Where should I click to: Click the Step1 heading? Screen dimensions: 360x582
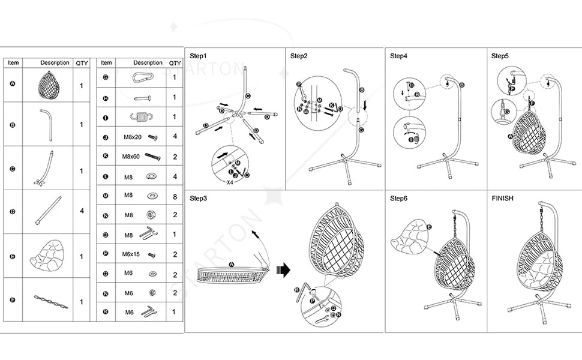(x=199, y=56)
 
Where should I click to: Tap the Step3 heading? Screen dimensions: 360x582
(x=199, y=198)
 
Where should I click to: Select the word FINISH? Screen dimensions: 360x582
(x=503, y=198)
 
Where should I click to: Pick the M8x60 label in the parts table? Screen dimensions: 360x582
(x=131, y=157)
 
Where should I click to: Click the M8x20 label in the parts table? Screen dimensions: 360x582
(x=131, y=137)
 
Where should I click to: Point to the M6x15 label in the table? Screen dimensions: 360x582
(x=131, y=254)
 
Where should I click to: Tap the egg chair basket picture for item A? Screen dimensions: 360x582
(x=49, y=85)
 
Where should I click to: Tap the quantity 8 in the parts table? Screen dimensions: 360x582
(x=175, y=196)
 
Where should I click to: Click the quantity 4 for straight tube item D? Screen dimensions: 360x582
(x=82, y=211)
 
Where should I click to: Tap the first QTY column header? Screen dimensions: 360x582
(x=82, y=63)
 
